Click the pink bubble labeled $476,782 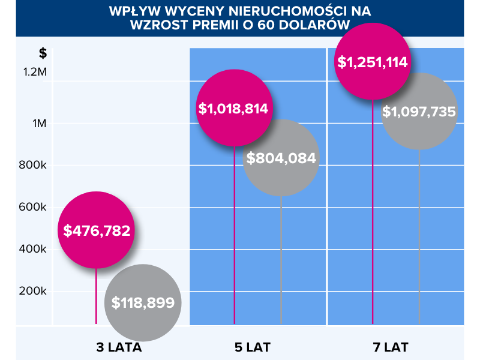[x=97, y=230]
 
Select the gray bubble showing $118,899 [x=143, y=302]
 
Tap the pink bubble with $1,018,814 [x=235, y=109]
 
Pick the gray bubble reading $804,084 [x=281, y=158]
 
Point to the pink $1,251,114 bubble [x=373, y=62]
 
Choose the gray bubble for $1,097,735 [x=419, y=111]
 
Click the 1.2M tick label [x=35, y=72]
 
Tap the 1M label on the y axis [x=40, y=124]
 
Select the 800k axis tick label [x=34, y=166]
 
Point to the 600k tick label [x=34, y=208]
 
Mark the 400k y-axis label [x=34, y=250]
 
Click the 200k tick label [x=34, y=292]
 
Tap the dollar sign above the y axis [x=43, y=53]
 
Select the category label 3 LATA [x=119, y=347]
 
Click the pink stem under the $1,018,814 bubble [x=235, y=240]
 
